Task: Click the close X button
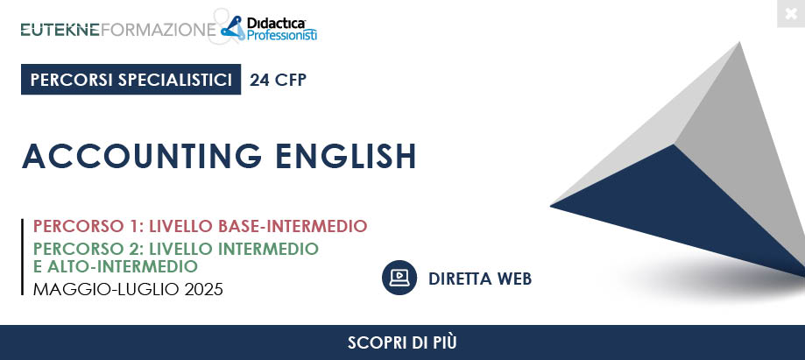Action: coord(791,13)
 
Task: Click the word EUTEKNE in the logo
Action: coord(60,30)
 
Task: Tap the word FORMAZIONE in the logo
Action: coord(159,30)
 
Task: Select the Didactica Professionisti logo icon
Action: coord(233,28)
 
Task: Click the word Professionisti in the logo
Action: coord(282,35)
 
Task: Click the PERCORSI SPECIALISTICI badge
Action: coord(131,80)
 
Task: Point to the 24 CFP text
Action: coord(279,80)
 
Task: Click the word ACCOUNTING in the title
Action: coord(142,156)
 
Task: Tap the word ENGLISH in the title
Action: coord(346,156)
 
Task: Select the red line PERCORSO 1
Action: coord(201,226)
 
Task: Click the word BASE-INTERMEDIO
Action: coord(293,226)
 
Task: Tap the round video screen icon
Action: coord(399,278)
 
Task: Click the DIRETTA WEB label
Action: coord(480,279)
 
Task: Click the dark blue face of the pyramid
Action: coord(683,206)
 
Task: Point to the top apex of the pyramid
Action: coord(740,43)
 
